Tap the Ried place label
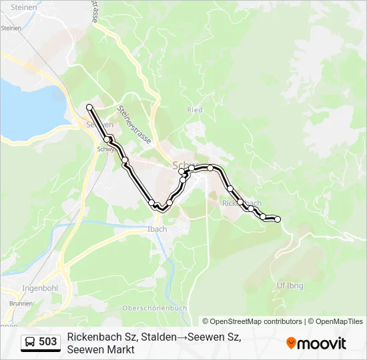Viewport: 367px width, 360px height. click(x=195, y=110)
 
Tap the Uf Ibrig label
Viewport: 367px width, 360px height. click(x=290, y=285)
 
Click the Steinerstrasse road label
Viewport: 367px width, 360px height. click(x=133, y=125)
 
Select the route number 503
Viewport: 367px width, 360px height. click(x=48, y=342)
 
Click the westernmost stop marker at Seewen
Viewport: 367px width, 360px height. click(x=89, y=107)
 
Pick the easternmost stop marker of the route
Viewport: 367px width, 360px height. click(x=278, y=219)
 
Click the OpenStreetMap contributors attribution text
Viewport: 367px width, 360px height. click(x=252, y=321)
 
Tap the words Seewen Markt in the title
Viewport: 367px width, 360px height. click(x=101, y=350)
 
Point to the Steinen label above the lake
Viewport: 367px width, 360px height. click(x=11, y=28)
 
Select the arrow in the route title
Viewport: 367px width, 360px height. click(x=181, y=337)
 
